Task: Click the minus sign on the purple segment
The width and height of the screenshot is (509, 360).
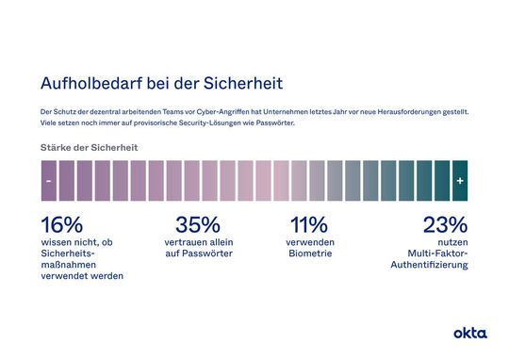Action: (48, 180)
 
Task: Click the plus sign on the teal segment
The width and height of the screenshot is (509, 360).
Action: (459, 180)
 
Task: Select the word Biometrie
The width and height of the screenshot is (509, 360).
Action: (309, 254)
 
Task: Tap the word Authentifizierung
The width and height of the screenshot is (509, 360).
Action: (429, 265)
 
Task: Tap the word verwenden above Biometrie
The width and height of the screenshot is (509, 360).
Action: (309, 242)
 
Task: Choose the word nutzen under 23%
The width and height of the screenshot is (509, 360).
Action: (452, 242)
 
